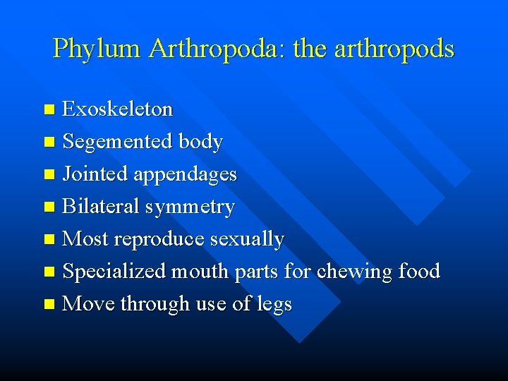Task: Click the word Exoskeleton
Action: pos(118,109)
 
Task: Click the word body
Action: pos(200,142)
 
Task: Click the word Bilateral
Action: pos(101,207)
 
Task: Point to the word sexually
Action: pos(247,239)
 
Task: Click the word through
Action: pos(153,304)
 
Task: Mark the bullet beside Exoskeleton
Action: pos(49,110)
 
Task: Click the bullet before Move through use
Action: pos(49,305)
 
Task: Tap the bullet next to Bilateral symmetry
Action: pos(49,207)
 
